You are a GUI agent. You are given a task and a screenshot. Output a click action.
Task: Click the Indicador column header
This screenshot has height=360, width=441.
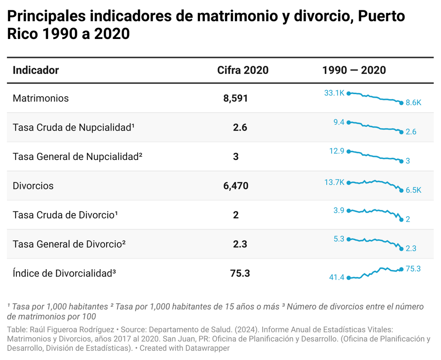coord(36,70)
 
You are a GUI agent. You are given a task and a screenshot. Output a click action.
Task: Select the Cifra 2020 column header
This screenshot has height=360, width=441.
coord(243,70)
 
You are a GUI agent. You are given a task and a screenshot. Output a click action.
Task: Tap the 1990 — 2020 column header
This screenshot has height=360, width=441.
coord(354,70)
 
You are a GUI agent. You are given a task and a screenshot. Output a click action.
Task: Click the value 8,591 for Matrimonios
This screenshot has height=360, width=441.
coord(236,99)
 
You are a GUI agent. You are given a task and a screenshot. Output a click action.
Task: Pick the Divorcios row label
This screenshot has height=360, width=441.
coord(33,186)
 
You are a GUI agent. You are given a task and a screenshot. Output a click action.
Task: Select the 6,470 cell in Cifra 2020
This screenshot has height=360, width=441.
coord(236,186)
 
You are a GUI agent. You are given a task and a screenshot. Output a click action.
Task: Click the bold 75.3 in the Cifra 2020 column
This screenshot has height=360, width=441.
coord(240,273)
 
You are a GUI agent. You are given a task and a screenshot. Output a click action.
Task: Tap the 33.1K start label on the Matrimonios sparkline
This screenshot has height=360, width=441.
coord(334,93)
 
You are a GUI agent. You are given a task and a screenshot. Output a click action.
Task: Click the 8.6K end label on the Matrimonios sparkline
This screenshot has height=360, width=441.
coord(413,103)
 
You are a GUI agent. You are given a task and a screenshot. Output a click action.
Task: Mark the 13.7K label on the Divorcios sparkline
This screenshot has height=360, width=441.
coord(334,182)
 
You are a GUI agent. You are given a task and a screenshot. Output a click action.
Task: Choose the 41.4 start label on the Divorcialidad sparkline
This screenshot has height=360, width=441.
coord(337,278)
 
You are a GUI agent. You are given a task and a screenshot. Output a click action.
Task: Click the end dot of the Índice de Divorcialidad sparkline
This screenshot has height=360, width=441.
coord(401,269)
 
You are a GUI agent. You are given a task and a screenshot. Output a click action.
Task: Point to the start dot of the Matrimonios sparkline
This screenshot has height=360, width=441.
coord(348,93)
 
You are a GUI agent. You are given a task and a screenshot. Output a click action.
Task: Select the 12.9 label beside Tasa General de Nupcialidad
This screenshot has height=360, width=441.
coord(337,151)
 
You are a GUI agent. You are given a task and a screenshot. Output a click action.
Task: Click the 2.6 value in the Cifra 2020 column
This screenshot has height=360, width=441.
coord(240,128)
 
